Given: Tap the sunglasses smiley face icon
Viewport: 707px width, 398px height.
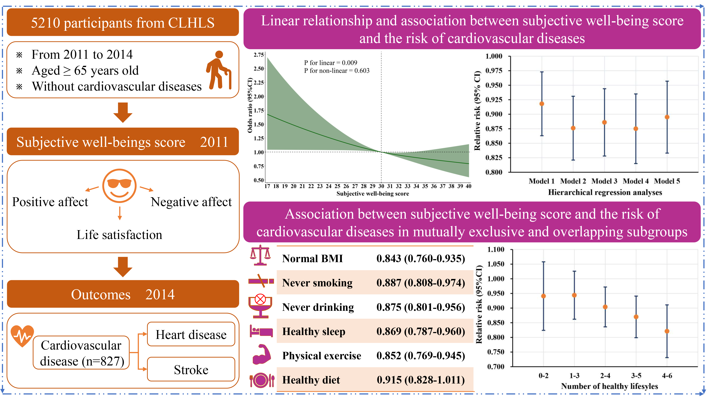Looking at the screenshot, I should [119, 186].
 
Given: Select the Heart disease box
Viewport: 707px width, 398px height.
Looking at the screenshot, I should [191, 334].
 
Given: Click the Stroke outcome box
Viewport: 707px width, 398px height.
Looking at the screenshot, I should [191, 370].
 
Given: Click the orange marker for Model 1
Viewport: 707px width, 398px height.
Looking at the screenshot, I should [542, 104].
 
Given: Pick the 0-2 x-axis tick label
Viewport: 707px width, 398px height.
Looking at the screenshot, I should [544, 376].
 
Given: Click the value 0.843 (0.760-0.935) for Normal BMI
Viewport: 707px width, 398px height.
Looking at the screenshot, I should [420, 258].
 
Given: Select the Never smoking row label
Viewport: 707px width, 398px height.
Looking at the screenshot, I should [317, 283].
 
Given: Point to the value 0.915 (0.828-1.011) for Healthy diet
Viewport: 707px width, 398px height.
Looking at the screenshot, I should [420, 380].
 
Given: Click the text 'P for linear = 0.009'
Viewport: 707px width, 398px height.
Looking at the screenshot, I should [331, 63].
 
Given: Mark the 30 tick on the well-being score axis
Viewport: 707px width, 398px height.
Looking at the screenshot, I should [381, 186].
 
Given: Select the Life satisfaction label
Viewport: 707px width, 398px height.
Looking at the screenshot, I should [119, 235].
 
